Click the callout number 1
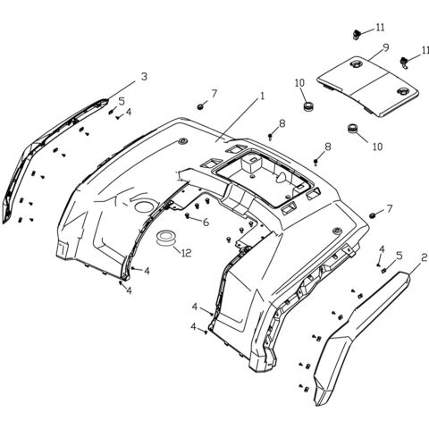[263, 96]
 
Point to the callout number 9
[385, 47]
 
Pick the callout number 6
[205, 222]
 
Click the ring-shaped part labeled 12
[164, 239]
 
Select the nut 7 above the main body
[201, 106]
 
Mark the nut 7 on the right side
[371, 217]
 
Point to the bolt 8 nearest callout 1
[270, 136]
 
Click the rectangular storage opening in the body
[273, 170]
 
